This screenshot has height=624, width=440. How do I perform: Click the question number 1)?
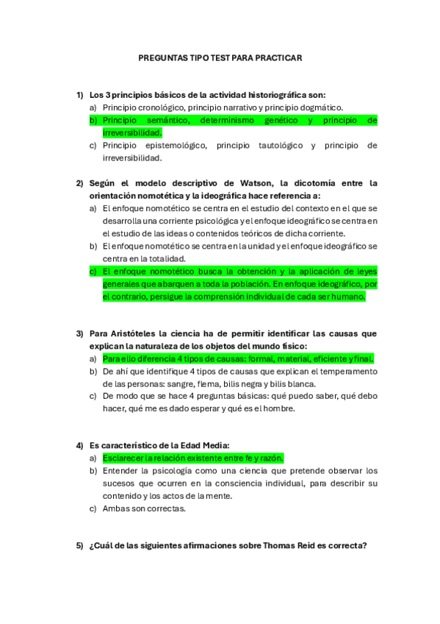point(80,95)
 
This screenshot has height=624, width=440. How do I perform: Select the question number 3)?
point(80,333)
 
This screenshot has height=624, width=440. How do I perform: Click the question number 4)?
point(80,445)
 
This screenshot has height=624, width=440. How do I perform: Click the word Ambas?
point(116,508)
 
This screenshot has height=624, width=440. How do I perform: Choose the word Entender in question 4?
point(121,470)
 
